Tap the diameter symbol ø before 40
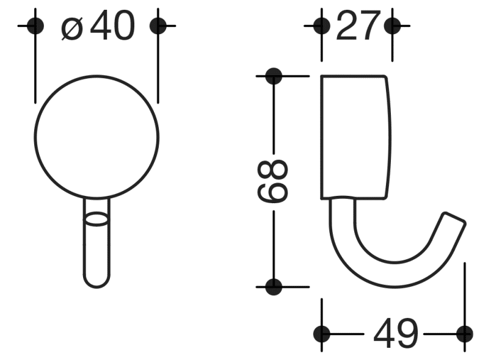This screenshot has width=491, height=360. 72,28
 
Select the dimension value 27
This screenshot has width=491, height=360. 357,26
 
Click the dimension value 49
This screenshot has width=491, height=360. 395,334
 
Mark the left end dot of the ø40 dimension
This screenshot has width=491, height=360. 36,25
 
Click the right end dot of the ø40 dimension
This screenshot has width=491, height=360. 158,25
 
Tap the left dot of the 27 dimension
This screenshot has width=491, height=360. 321,25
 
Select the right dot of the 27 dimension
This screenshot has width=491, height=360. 393,25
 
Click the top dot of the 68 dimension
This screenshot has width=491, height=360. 273,76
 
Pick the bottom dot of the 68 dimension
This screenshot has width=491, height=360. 273,285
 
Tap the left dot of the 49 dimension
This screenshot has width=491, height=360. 322,333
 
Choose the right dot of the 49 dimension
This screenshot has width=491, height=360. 465,333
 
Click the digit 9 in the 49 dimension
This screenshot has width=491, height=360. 407,334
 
